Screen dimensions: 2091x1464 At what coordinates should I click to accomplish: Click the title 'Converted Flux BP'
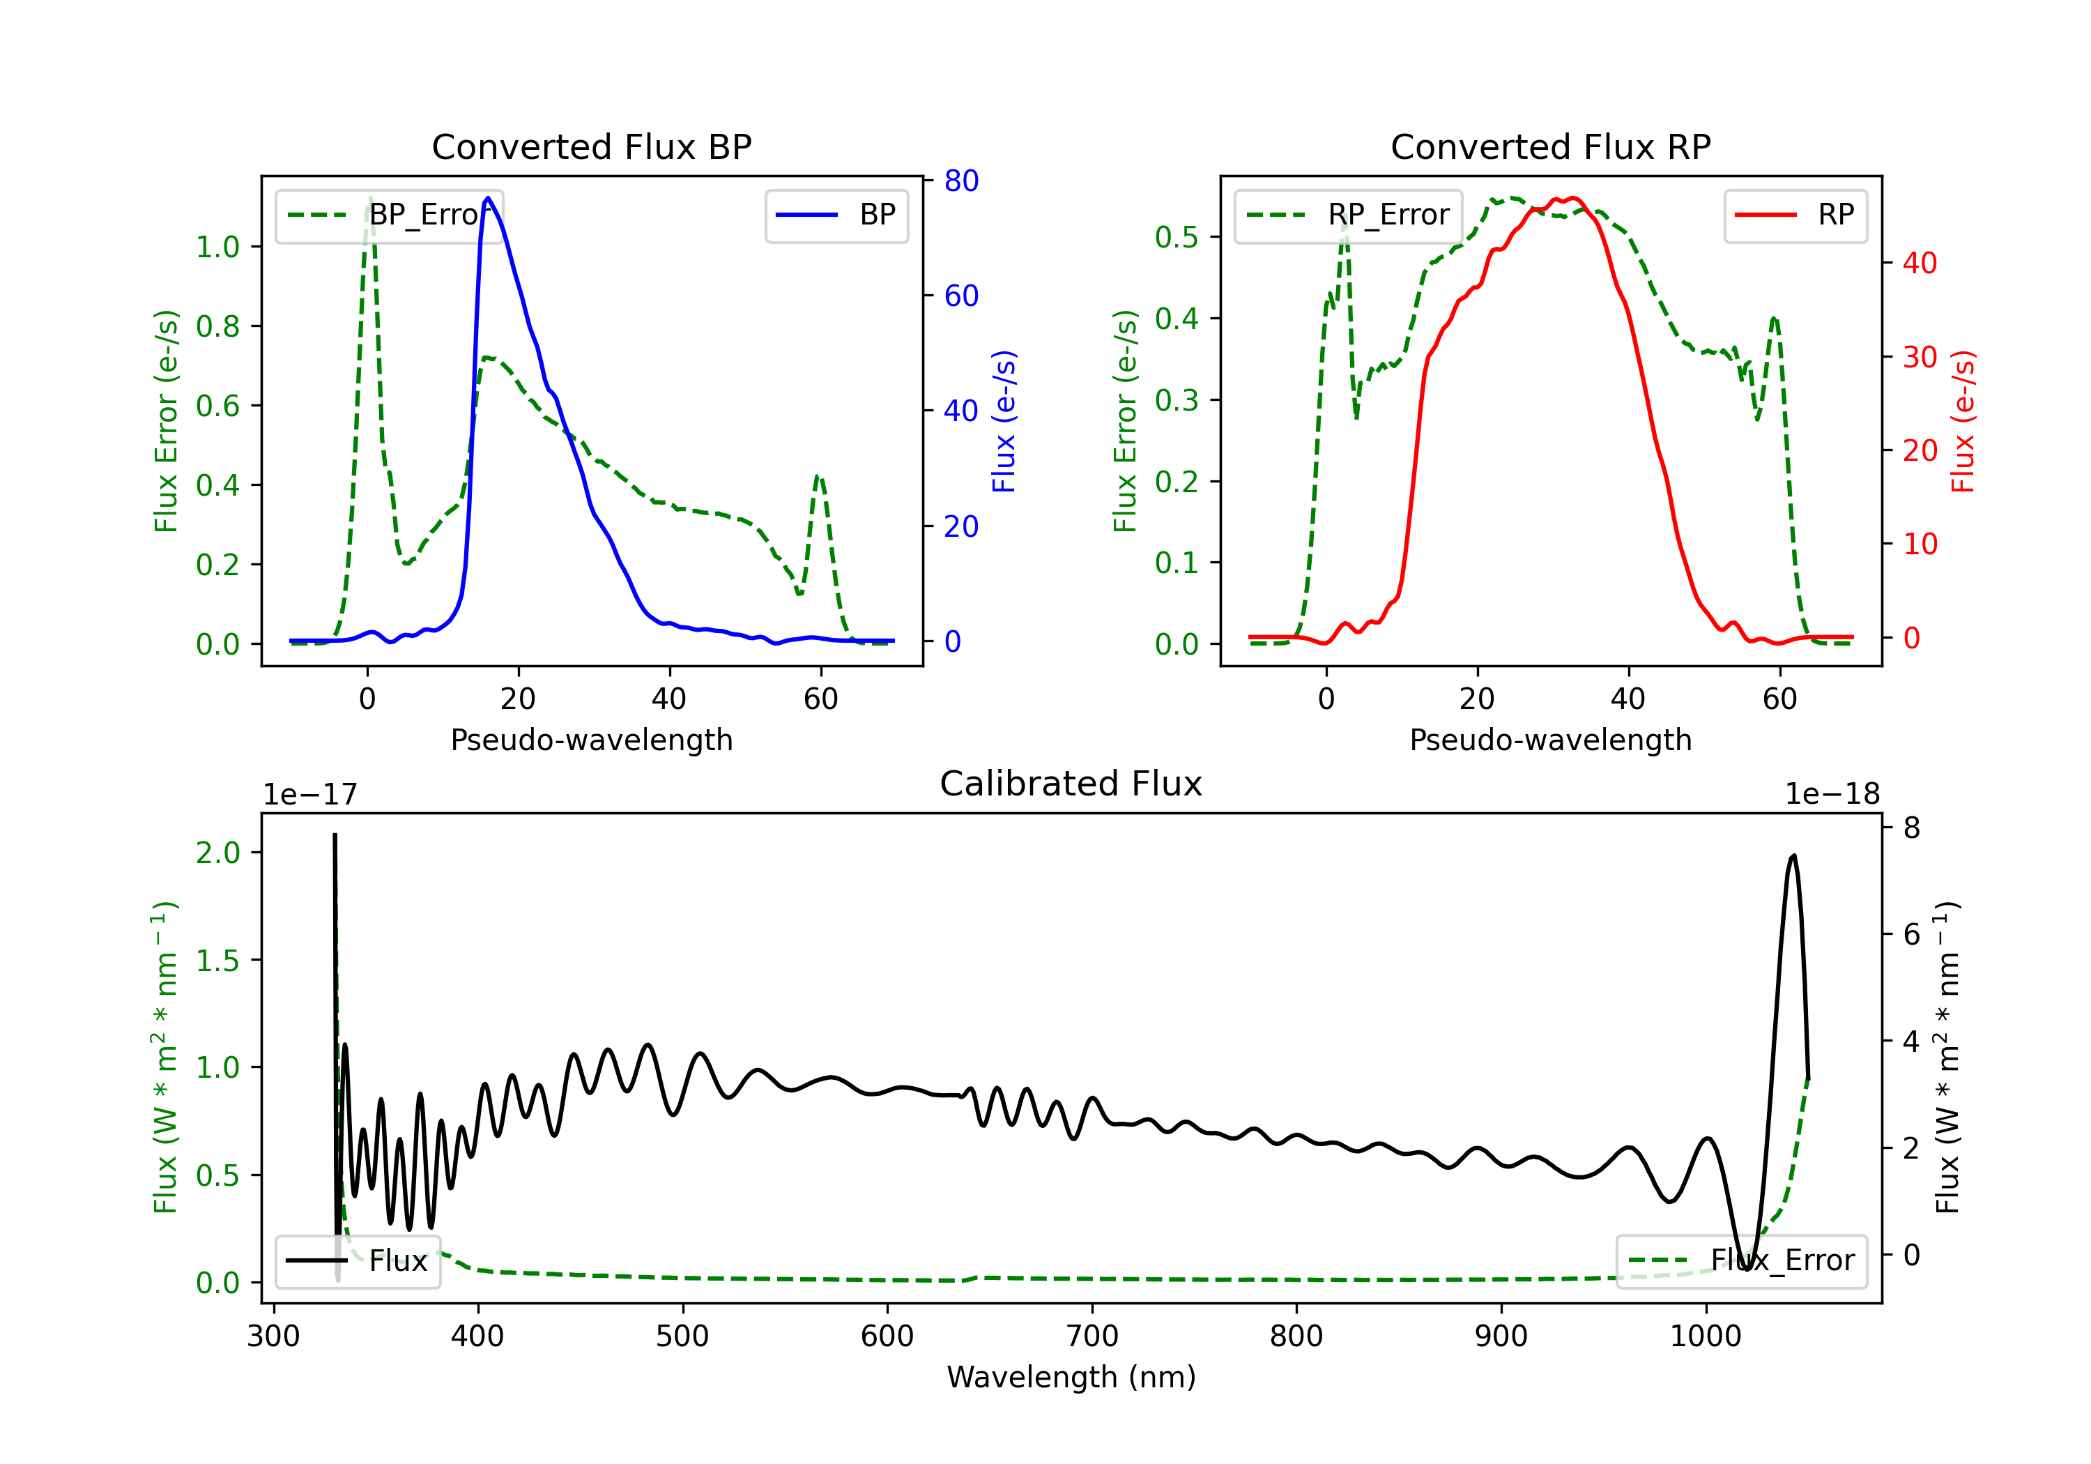pyautogui.click(x=591, y=146)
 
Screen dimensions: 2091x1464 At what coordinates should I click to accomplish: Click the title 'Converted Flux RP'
pyautogui.click(x=1550, y=146)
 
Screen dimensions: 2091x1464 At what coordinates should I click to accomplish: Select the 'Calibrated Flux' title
pyautogui.click(x=1071, y=784)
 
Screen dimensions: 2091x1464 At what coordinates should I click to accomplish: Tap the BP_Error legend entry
pyautogui.click(x=389, y=215)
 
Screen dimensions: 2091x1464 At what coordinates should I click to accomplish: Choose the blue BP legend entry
pyautogui.click(x=836, y=215)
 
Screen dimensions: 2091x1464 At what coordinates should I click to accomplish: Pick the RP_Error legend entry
pyautogui.click(x=1348, y=215)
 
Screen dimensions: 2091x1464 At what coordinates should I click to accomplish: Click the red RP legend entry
pyautogui.click(x=1795, y=215)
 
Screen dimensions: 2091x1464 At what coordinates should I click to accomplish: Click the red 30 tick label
pyautogui.click(x=1920, y=357)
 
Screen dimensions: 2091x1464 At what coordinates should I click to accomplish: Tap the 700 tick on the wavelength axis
pyautogui.click(x=1092, y=1336)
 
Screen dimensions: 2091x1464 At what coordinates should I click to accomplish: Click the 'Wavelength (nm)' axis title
pyautogui.click(x=1071, y=1377)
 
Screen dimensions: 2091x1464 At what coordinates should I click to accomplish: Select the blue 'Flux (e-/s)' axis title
pyautogui.click(x=1004, y=421)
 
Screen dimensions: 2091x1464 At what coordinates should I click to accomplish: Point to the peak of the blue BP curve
pyautogui.click(x=488, y=198)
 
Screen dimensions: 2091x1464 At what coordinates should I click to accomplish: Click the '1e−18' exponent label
pyautogui.click(x=1832, y=795)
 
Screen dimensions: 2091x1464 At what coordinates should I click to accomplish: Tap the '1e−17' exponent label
pyautogui.click(x=311, y=795)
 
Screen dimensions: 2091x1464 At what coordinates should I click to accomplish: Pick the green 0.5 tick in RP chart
pyautogui.click(x=1177, y=237)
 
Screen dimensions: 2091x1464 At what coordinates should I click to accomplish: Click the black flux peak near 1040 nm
pyautogui.click(x=1793, y=855)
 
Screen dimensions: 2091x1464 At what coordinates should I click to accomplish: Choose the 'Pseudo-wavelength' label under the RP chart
pyautogui.click(x=1550, y=740)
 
